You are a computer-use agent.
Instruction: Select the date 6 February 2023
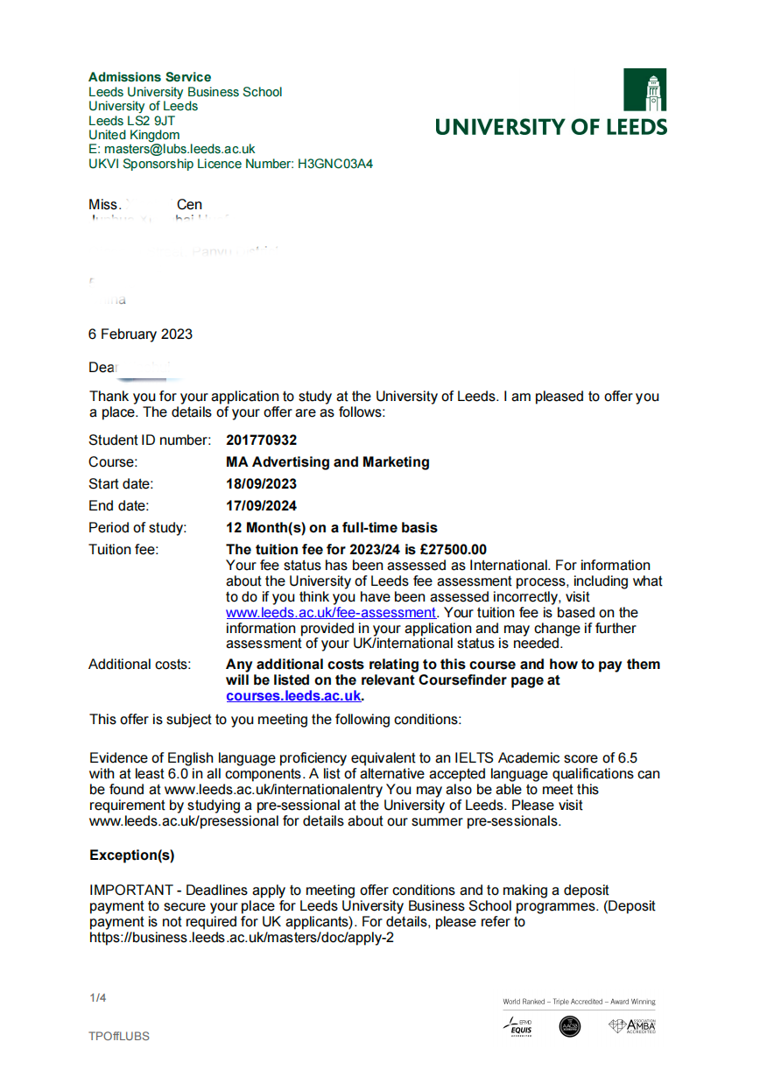[x=140, y=334]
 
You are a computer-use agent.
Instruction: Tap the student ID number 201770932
[x=261, y=440]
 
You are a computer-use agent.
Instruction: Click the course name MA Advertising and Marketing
[x=327, y=462]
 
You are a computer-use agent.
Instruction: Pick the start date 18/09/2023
[x=261, y=484]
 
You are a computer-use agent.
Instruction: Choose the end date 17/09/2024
[x=261, y=506]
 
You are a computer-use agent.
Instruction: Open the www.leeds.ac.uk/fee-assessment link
[x=330, y=613]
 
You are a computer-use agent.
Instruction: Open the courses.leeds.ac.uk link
[x=293, y=696]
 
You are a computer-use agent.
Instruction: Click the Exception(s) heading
[x=131, y=855]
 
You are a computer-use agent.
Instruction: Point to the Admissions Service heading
[x=150, y=77]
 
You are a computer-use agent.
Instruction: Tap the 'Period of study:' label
[x=137, y=528]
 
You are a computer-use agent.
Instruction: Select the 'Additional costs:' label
[x=139, y=665]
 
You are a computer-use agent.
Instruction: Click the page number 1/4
[x=97, y=998]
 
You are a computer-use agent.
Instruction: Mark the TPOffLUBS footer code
[x=119, y=1037]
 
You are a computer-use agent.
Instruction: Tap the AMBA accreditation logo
[x=633, y=1025]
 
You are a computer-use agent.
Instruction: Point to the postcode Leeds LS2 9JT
[x=131, y=121]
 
